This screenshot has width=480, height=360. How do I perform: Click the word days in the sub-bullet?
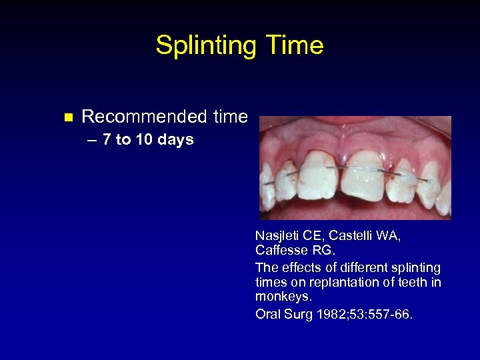click(177, 140)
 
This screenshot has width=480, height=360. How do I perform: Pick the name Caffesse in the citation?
click(283, 251)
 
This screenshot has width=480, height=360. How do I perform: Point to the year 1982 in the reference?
click(321, 313)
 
